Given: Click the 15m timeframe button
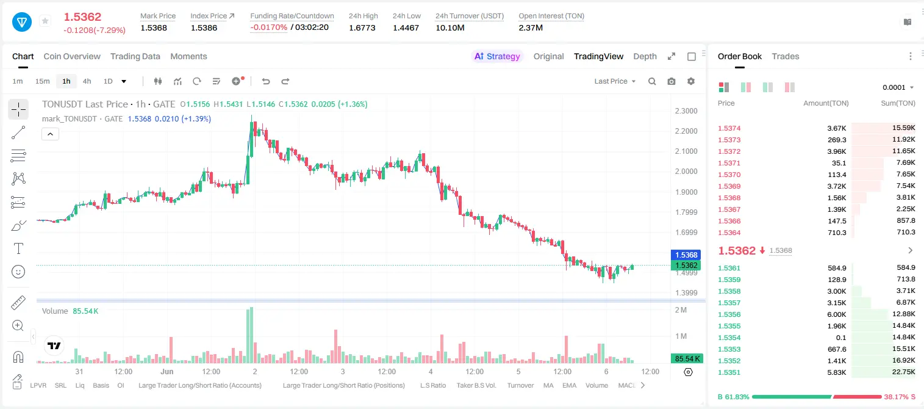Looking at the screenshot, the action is (42, 81).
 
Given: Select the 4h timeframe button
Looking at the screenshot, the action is (87, 81).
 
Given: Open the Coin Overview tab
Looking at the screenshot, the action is (72, 56).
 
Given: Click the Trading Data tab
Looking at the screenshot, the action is (135, 56).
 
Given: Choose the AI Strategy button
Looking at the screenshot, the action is (497, 56).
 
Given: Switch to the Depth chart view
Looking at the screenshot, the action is (645, 56).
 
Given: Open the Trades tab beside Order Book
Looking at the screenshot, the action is (786, 56).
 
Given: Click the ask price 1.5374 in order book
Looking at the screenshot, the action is (729, 128).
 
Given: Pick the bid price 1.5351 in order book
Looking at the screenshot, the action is (729, 372).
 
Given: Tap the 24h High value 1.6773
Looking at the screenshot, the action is (362, 27).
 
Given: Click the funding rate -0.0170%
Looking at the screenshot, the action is (268, 27).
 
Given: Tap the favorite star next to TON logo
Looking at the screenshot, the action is (45, 21).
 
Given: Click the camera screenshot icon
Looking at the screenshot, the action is (672, 81).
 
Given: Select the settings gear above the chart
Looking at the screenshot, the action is (691, 81).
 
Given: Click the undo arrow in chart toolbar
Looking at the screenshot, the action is (266, 81).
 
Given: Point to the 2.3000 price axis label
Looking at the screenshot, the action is (686, 111).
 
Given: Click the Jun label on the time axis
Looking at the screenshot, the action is (167, 371).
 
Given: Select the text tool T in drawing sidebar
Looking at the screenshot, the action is (18, 248).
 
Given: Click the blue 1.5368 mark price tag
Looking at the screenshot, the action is (686, 255).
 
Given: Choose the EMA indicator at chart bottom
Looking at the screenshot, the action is (569, 385).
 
